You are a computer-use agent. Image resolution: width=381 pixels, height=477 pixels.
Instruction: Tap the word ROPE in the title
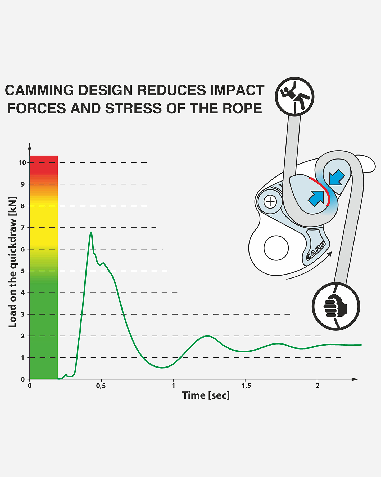click(x=242, y=108)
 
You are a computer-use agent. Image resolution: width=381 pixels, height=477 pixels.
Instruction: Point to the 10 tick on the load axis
click(x=22, y=162)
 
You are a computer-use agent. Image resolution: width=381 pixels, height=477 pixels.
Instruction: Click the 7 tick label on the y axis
click(x=23, y=228)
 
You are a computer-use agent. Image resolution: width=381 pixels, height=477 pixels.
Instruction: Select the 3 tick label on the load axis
click(x=23, y=314)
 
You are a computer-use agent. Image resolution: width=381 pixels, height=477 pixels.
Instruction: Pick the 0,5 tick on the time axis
click(x=101, y=386)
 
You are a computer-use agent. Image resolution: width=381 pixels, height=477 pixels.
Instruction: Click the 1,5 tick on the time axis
click(x=246, y=386)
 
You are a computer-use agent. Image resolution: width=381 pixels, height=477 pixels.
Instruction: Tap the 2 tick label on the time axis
click(x=317, y=386)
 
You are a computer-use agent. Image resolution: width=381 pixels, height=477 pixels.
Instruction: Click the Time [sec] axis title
click(x=206, y=395)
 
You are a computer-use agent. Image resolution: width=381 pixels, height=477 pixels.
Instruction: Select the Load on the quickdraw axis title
click(x=12, y=262)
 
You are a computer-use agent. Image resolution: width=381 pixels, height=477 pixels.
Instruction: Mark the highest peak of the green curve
click(x=91, y=232)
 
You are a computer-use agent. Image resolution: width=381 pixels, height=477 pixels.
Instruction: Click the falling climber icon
click(x=294, y=96)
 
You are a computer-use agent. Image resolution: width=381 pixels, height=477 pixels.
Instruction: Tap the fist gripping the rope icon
click(x=336, y=306)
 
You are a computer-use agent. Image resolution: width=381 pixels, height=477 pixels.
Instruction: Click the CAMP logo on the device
click(x=316, y=250)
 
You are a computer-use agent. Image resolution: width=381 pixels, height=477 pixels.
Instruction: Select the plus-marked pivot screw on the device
click(x=270, y=202)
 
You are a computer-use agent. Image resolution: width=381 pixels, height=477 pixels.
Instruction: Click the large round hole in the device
click(x=276, y=248)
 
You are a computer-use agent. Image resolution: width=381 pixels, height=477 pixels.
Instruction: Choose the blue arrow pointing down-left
click(x=337, y=178)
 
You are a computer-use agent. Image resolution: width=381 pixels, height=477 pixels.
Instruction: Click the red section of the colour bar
click(x=44, y=164)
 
